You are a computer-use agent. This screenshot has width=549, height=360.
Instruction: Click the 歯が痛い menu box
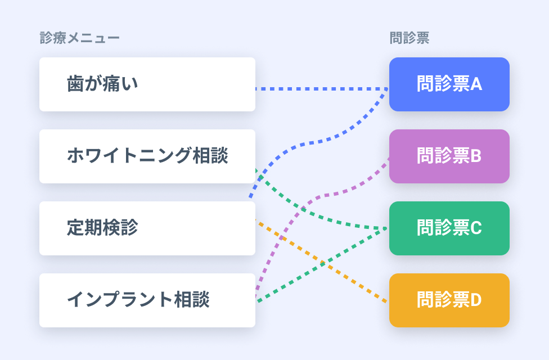coord(147,84)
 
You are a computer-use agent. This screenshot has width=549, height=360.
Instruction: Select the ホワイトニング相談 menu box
coord(147,156)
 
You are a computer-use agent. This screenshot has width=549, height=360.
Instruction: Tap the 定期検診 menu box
coord(147,228)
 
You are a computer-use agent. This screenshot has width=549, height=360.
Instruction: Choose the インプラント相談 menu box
coord(147,300)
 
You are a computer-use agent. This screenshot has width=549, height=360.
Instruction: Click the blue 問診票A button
coord(449,84)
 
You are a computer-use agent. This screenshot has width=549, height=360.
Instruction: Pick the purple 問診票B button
coord(449,156)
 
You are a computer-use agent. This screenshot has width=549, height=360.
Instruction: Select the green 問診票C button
coord(449,228)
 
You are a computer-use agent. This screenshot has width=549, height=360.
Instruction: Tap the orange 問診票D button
coord(449,300)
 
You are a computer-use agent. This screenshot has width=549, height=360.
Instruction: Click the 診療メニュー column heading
coord(79,38)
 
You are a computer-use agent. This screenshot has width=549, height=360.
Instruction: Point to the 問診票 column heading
coord(409,38)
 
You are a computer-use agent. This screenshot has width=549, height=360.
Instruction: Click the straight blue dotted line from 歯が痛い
coord(321,89)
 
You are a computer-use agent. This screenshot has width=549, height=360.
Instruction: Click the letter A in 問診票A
coord(476,84)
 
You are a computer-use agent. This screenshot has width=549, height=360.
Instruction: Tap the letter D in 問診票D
coord(476,300)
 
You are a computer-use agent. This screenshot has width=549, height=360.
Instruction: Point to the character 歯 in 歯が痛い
coord(75,84)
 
